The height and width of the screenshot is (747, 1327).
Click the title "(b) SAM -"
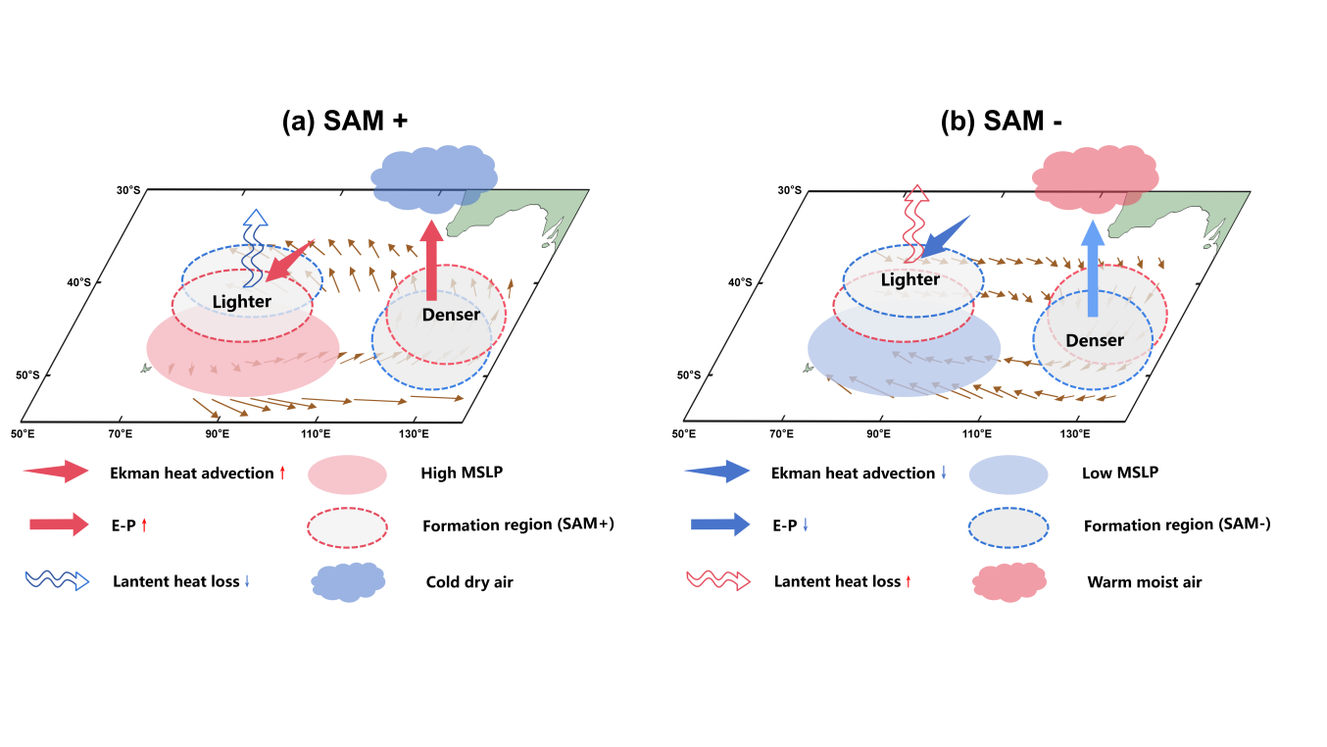point(1002,122)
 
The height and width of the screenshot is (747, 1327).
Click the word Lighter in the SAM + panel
point(241,301)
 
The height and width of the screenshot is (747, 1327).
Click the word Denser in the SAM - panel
point(1094,340)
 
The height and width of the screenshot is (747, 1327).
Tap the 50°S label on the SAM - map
point(690,375)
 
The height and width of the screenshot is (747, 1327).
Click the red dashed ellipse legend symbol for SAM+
point(348,527)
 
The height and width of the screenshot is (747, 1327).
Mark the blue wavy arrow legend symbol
point(57,580)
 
